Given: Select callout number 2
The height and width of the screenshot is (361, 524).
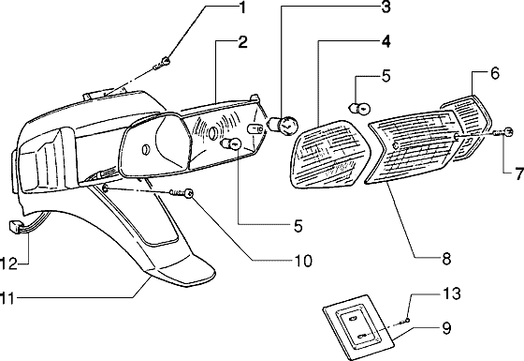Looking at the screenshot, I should pyautogui.click(x=241, y=42).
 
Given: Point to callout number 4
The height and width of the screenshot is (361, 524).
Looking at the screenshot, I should pyautogui.click(x=385, y=42).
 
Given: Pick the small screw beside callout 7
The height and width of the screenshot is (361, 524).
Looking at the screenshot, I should pyautogui.click(x=506, y=131).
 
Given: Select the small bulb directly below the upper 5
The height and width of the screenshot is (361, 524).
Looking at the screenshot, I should pyautogui.click(x=356, y=108).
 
